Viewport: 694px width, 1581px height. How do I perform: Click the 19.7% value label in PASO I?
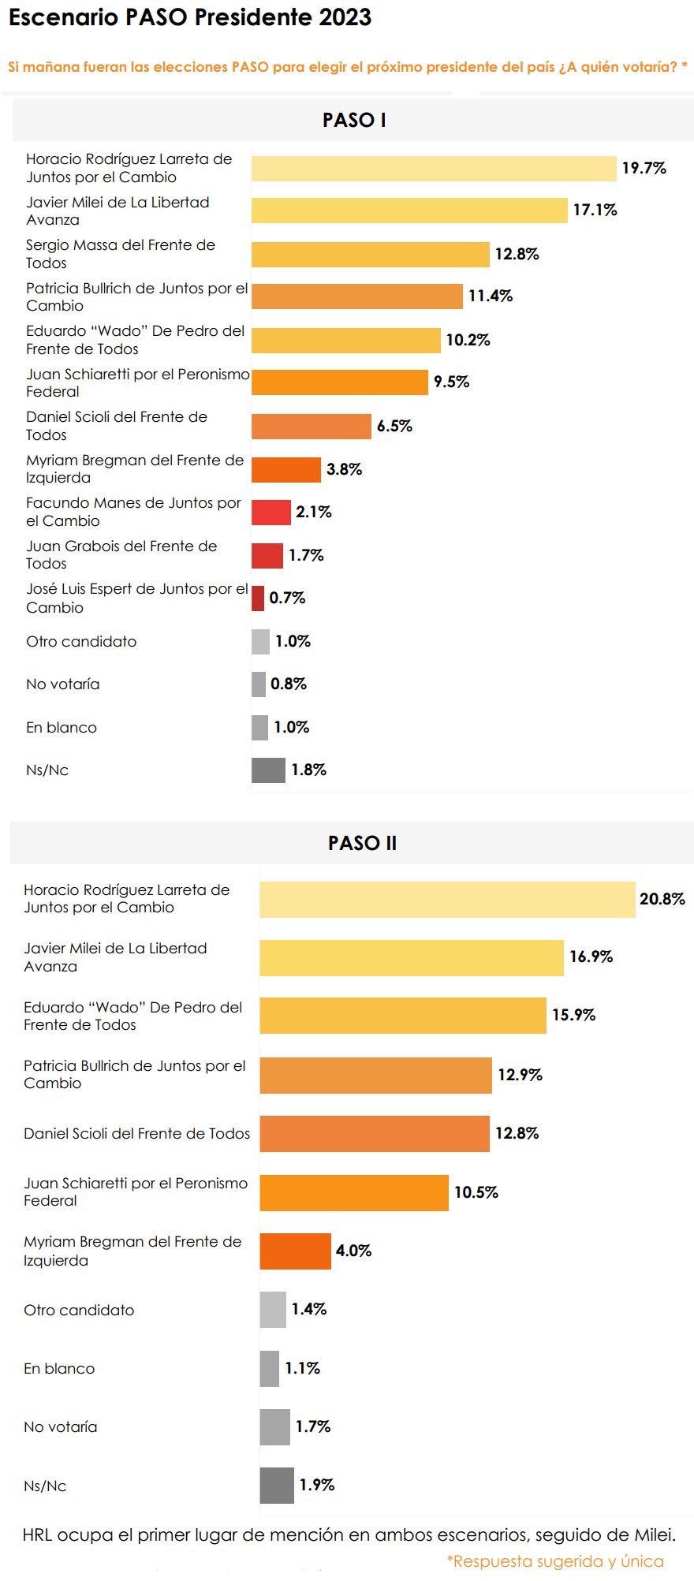point(644,168)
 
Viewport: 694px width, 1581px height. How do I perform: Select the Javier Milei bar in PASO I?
point(409,211)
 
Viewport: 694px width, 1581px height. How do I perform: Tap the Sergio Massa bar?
point(371,255)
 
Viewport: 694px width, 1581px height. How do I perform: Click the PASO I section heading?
point(354,120)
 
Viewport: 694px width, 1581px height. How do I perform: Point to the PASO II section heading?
point(362,843)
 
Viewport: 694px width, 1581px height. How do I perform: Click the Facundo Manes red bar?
point(271,513)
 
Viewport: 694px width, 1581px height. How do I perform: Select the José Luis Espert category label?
point(136,598)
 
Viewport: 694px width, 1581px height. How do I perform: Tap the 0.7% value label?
point(287,598)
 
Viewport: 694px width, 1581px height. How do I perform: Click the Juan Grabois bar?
point(267,556)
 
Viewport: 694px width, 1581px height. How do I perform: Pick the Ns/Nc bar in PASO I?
point(268,770)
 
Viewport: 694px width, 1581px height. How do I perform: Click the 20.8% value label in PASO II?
point(662,899)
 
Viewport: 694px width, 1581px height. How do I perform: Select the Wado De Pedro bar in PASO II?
point(403,1016)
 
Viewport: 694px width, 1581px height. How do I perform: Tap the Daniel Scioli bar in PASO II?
point(375,1134)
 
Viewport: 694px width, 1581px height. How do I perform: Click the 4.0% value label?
point(353,1251)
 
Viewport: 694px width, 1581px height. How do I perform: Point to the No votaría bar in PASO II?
point(275,1427)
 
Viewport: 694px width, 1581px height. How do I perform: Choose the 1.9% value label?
point(317,1485)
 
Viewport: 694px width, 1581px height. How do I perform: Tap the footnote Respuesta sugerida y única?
point(555,1561)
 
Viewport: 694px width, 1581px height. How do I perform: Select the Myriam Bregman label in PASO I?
point(135,469)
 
